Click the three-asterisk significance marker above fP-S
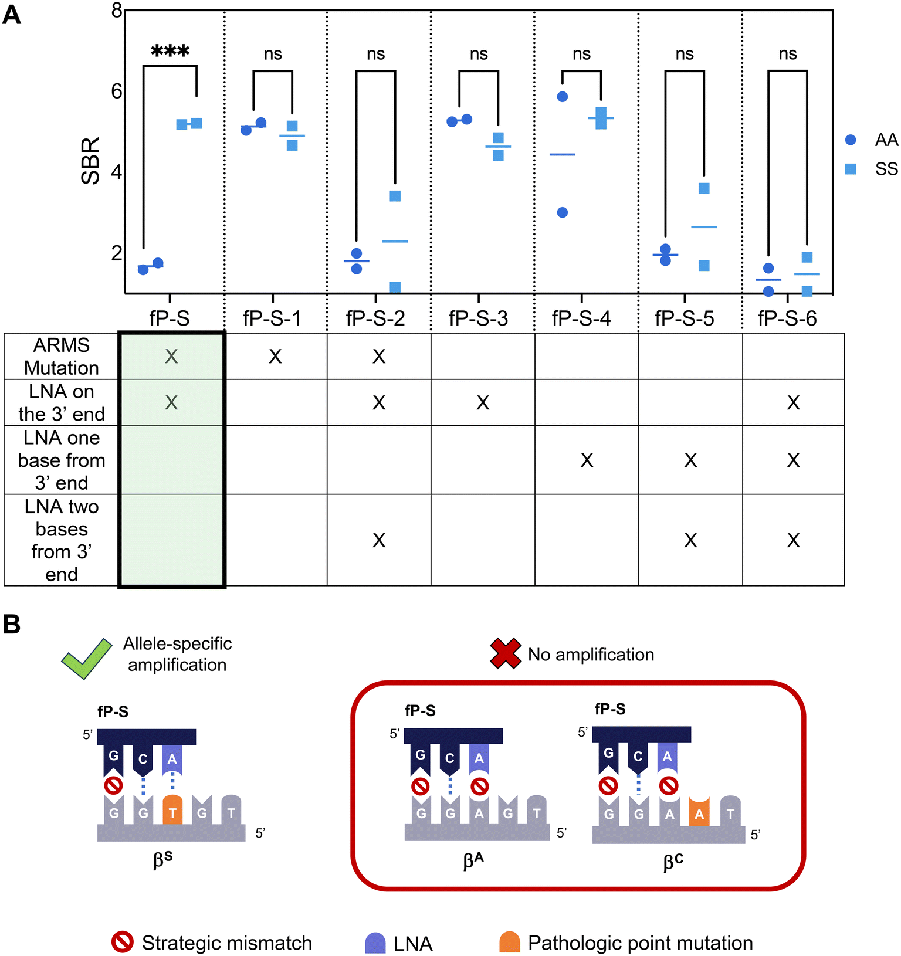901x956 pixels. (x=170, y=51)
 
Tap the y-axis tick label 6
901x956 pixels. (x=117, y=91)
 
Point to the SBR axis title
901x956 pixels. (x=91, y=161)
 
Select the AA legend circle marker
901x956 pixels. (x=851, y=140)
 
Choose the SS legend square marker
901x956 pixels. (x=851, y=169)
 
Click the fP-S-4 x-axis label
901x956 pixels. (x=581, y=318)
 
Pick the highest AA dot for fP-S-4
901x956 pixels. (x=563, y=97)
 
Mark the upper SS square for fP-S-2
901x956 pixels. (x=395, y=196)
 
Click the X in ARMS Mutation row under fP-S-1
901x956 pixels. (x=275, y=356)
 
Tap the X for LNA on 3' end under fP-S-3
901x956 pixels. (x=483, y=402)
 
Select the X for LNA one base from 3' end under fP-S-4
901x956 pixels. (x=587, y=460)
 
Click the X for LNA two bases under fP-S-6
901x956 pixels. (x=793, y=540)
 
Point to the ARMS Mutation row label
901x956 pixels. (x=62, y=356)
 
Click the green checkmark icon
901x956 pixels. (x=87, y=658)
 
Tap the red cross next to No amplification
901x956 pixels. (x=506, y=653)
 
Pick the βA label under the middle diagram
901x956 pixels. (x=473, y=860)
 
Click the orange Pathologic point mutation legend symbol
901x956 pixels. (x=510, y=942)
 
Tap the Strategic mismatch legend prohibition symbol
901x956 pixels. (x=123, y=942)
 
